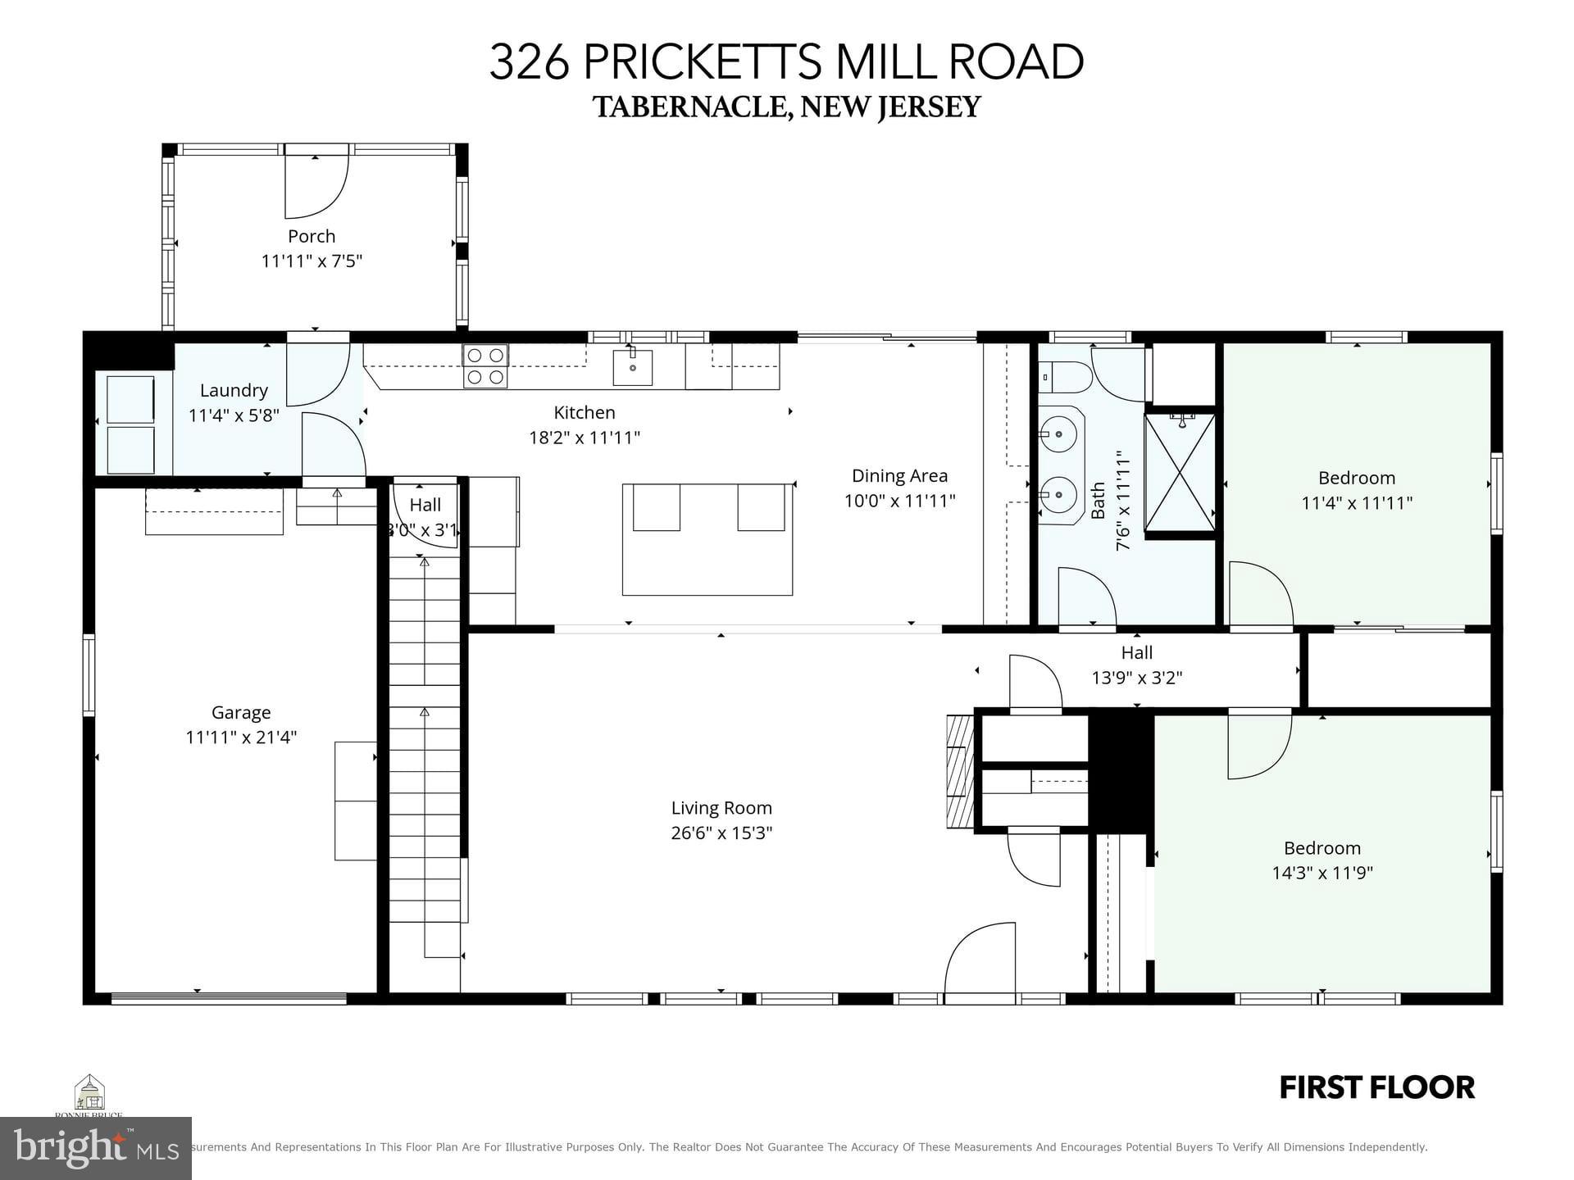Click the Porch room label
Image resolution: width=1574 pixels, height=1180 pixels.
312,236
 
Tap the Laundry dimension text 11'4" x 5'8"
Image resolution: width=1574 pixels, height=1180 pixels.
234,415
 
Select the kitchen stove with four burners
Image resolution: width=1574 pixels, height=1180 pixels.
485,366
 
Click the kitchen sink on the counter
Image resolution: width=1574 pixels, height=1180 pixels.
633,368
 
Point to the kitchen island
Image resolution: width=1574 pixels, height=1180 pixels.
707,540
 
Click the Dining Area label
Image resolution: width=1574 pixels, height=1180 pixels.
899,475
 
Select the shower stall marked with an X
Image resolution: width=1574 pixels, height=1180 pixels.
1180,472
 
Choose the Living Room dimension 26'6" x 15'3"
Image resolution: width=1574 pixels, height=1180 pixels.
721,833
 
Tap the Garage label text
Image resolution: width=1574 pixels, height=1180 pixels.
241,712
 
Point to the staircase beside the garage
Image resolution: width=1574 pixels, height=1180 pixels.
425,737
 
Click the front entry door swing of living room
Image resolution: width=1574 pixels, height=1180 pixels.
980,960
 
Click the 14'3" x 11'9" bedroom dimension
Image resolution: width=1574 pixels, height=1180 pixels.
1322,874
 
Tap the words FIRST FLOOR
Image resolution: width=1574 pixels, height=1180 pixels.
1376,1088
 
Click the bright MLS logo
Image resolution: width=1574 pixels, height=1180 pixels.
96,1147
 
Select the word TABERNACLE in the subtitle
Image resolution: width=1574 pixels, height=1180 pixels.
691,107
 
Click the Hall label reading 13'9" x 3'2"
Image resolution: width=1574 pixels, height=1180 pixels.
1136,678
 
